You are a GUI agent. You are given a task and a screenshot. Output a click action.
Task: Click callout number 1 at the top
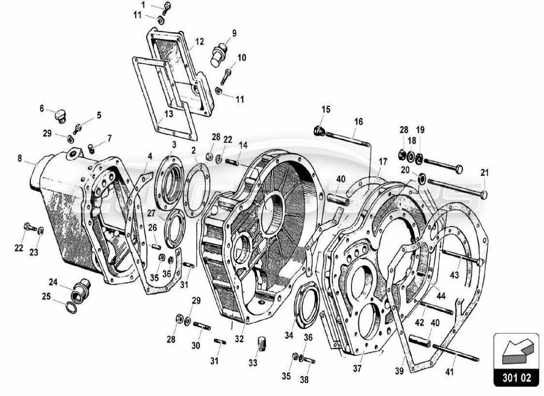tap(143, 5)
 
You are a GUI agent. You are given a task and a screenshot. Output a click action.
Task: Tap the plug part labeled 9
tap(218, 53)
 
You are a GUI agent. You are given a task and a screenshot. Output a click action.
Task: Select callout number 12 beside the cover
tap(199, 43)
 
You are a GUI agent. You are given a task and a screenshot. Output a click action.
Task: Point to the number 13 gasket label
tap(169, 114)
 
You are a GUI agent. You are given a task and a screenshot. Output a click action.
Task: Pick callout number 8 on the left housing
tap(20, 159)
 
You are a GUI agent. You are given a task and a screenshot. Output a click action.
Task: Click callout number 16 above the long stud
tap(359, 121)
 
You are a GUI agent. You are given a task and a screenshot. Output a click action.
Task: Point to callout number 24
tap(53, 282)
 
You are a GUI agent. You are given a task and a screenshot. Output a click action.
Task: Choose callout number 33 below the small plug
tap(253, 363)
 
